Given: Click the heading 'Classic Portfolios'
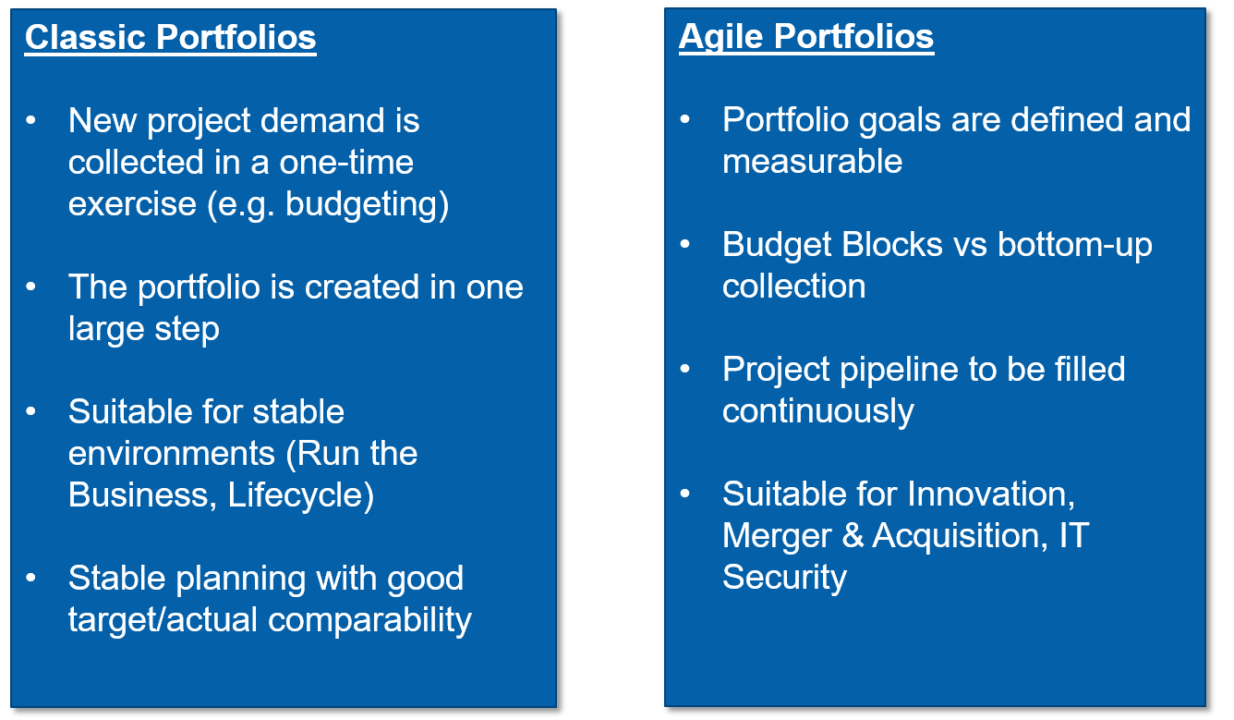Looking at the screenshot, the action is pos(170,38).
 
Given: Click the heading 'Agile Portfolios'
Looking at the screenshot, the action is pos(806,37).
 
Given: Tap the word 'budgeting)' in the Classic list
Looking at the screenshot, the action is pos(368,205).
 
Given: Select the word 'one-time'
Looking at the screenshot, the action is pos(346,163).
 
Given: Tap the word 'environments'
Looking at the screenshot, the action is pos(171,454).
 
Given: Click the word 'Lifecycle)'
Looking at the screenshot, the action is pos(301,494).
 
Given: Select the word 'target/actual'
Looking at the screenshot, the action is pos(163,620).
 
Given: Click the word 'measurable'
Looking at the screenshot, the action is pos(812,162).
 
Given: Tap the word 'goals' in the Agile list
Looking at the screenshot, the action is pos(899,121).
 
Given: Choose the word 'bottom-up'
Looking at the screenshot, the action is pos(1075,245).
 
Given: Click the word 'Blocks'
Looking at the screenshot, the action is pos(892,244).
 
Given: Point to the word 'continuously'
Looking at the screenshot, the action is pos(818,412).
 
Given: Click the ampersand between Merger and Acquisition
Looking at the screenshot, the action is pos(853,535).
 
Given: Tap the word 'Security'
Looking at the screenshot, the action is pos(784,578).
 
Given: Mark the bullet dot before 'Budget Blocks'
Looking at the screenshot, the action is pos(684,244).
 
